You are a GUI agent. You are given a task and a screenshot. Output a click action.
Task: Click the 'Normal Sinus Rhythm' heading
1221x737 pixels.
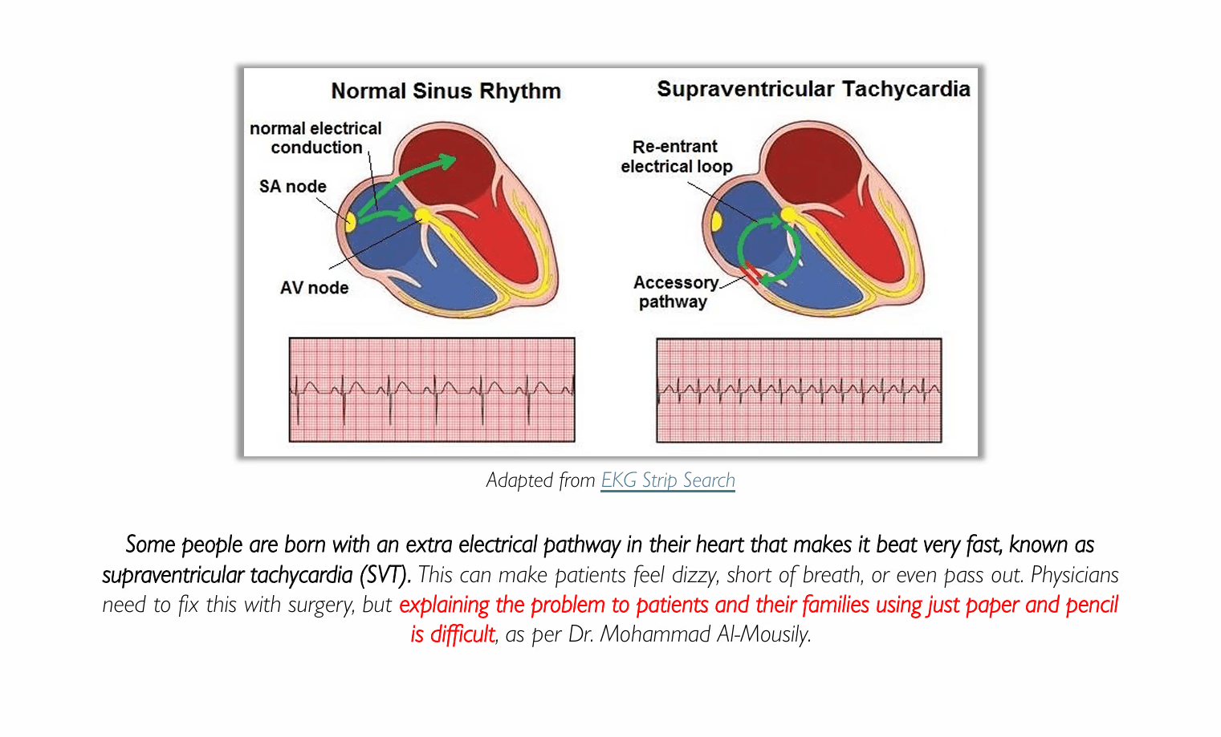click(446, 91)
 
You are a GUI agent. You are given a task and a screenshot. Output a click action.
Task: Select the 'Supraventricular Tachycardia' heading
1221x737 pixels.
click(813, 88)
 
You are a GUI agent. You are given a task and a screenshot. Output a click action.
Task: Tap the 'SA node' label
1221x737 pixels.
click(292, 186)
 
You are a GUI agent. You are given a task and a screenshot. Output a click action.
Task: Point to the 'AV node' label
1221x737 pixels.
click(314, 287)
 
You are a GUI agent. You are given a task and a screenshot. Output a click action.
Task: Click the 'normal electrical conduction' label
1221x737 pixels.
click(315, 138)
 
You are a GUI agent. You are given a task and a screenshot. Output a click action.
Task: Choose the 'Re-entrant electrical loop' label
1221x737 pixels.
click(676, 156)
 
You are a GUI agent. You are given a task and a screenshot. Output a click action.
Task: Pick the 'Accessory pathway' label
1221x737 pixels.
click(675, 292)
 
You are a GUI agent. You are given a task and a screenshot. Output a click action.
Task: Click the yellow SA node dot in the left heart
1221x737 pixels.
click(350, 221)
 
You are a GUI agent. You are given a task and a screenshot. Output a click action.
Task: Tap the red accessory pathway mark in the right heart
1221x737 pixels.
click(749, 273)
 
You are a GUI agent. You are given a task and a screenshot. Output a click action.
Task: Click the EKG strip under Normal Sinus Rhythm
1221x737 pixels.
click(432, 390)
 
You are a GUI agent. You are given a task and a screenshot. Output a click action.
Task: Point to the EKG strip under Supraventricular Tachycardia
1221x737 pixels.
click(799, 390)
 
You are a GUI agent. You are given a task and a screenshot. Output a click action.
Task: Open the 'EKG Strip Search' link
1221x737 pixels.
click(668, 480)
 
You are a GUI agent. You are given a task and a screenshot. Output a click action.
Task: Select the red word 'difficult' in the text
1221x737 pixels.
click(462, 634)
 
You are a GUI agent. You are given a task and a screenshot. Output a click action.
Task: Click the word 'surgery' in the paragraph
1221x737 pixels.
click(320, 605)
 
